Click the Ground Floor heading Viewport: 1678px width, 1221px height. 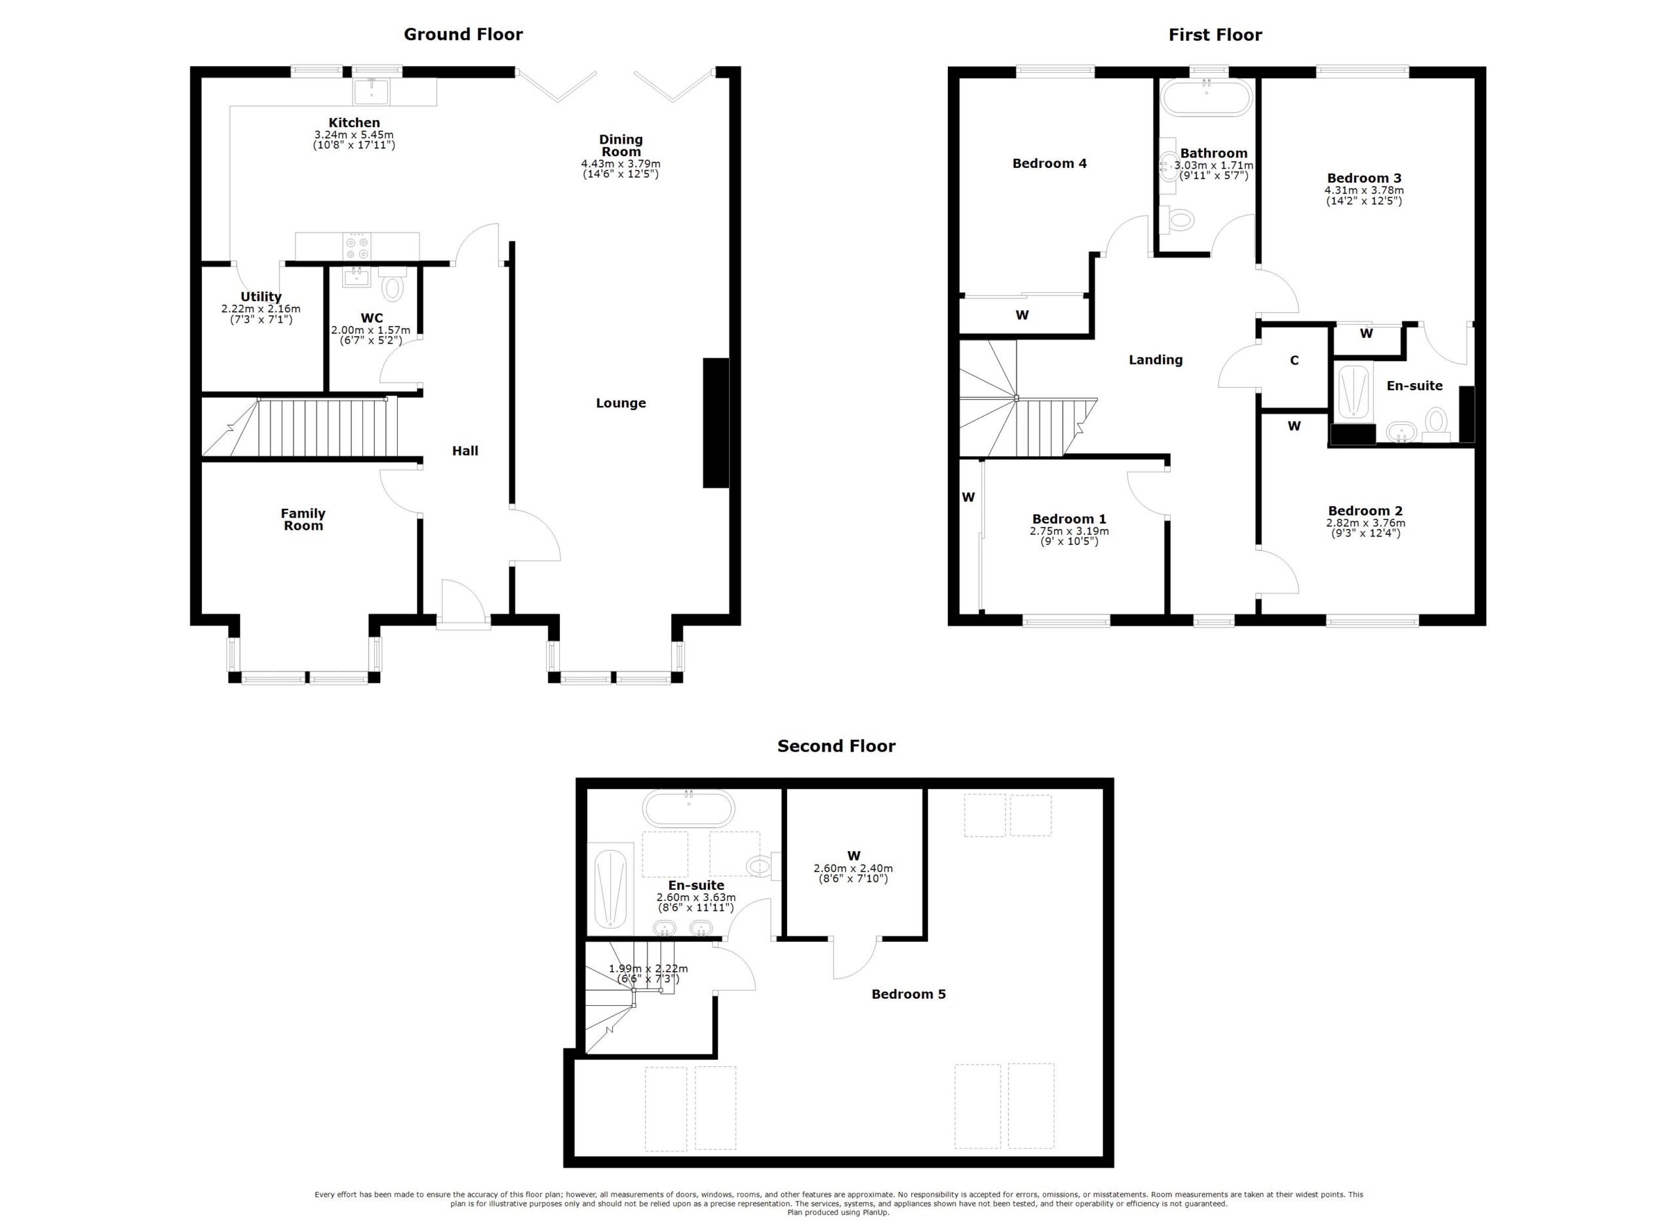tap(463, 35)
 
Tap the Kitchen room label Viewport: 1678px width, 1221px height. tap(355, 123)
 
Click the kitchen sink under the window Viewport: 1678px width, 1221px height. tap(372, 91)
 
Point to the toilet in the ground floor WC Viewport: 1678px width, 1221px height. tap(393, 283)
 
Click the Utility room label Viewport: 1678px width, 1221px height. tap(261, 298)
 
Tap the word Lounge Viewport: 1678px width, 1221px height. tap(621, 403)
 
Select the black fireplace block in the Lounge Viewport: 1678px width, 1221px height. tap(715, 422)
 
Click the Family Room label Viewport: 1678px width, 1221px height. tap(303, 519)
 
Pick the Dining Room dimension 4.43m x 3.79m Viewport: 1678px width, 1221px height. tap(621, 163)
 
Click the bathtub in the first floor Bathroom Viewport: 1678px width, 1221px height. tap(1207, 98)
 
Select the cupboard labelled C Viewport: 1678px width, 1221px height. tap(1295, 365)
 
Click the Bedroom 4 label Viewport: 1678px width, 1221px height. tap(1049, 163)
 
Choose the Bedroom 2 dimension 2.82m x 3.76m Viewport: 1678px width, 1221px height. tap(1365, 523)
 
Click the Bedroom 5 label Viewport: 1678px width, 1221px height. tap(908, 995)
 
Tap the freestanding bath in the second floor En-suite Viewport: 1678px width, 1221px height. tap(688, 809)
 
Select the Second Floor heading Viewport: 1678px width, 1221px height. tap(836, 746)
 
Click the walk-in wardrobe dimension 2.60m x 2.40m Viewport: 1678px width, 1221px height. tap(853, 869)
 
